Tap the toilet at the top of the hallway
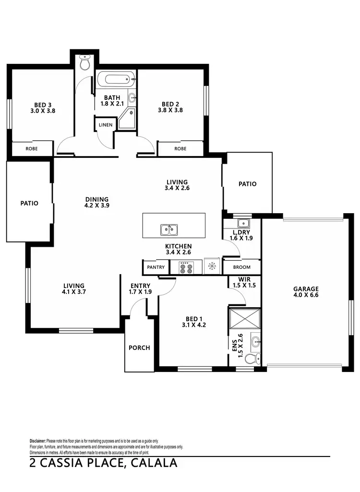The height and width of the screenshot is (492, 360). click(85, 62)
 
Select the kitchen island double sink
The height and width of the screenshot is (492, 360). click(168, 230)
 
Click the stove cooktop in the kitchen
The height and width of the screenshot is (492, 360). click(186, 267)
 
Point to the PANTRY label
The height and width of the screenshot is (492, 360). click(156, 267)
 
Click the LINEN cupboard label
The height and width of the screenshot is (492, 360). click(105, 125)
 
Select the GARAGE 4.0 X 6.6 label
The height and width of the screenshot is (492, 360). click(306, 292)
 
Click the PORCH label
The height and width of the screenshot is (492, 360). click(139, 348)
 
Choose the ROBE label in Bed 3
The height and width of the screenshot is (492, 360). click(32, 149)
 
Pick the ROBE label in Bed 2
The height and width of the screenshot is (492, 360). click(180, 149)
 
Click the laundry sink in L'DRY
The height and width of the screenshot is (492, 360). click(243, 223)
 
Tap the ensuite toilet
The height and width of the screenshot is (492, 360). click(252, 358)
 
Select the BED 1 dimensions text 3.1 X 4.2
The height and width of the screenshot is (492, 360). click(194, 324)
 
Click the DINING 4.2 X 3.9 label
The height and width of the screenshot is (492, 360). click(96, 203)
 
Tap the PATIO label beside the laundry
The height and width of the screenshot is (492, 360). click(247, 184)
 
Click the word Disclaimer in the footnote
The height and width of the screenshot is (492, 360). click(37, 441)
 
